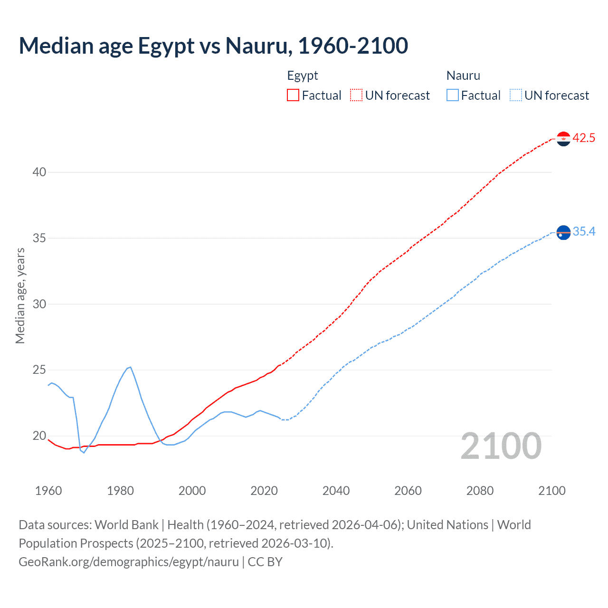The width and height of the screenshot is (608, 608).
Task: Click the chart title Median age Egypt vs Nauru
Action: tap(213, 46)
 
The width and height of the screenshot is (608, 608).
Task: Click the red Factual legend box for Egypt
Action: tap(293, 95)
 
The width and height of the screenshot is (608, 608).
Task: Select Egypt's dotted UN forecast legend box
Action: tap(356, 95)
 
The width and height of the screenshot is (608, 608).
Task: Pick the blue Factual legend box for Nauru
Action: tap(452, 95)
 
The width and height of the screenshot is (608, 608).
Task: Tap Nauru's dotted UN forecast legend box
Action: tap(515, 95)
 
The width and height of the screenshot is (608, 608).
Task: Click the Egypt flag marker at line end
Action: tap(563, 139)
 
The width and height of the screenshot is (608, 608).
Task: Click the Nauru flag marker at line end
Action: tap(563, 232)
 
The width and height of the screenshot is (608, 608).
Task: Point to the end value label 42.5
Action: tap(584, 138)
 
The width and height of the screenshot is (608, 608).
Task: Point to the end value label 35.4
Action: tap(584, 231)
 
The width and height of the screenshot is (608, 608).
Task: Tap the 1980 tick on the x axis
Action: tap(120, 491)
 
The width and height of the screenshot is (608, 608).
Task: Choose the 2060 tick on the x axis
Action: tap(408, 491)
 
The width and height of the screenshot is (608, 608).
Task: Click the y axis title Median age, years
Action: tap(20, 295)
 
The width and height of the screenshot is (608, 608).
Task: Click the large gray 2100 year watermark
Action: tap(501, 446)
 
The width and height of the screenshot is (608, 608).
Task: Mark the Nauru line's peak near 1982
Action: tap(130, 367)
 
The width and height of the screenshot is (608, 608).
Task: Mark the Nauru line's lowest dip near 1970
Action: tap(84, 453)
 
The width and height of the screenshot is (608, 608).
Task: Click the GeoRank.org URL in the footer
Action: tap(129, 562)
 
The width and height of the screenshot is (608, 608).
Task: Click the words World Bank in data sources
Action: tap(126, 525)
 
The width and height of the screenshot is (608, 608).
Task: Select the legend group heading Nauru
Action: tap(463, 76)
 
